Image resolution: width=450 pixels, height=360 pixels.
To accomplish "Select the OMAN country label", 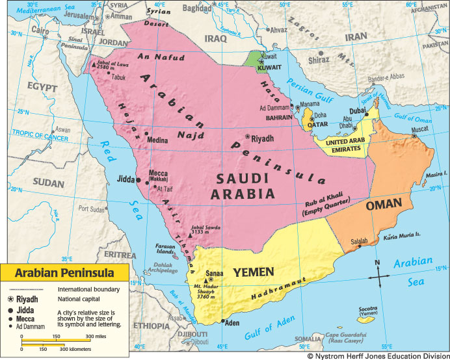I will pyautogui.click(x=384, y=205).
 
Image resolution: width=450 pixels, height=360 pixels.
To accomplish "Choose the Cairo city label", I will pyautogui.click(x=23, y=30).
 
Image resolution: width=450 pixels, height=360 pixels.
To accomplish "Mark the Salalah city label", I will pyautogui.click(x=359, y=240).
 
